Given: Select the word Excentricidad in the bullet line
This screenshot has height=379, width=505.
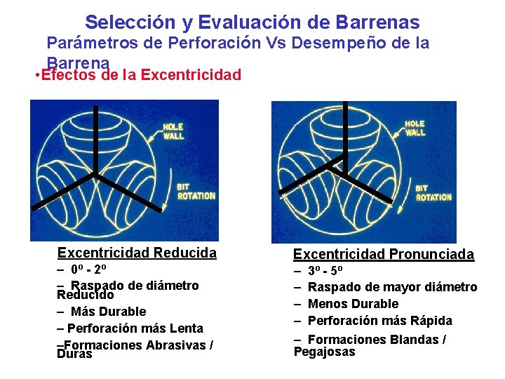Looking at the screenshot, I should pyautogui.click(x=191, y=74).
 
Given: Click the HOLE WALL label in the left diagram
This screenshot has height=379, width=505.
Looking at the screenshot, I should pyautogui.click(x=174, y=131).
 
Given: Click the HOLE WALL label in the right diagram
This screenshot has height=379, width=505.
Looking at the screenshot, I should pyautogui.click(x=415, y=128).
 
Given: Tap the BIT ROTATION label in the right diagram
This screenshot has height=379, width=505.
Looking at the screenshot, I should pyautogui.click(x=433, y=193).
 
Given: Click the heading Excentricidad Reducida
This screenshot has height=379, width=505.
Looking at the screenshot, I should pyautogui.click(x=137, y=253).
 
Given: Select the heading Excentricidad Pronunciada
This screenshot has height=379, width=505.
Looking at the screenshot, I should pyautogui.click(x=383, y=254).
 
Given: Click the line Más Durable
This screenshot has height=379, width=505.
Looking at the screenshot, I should pyautogui.click(x=108, y=312).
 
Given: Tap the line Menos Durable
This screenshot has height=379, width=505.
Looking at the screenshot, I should pyautogui.click(x=353, y=304).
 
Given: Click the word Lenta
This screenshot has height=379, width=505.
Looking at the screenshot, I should pyautogui.click(x=186, y=328).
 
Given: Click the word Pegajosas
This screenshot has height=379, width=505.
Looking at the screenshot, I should pyautogui.click(x=325, y=352).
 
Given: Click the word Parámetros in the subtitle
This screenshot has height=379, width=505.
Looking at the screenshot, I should pyautogui.click(x=94, y=43).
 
